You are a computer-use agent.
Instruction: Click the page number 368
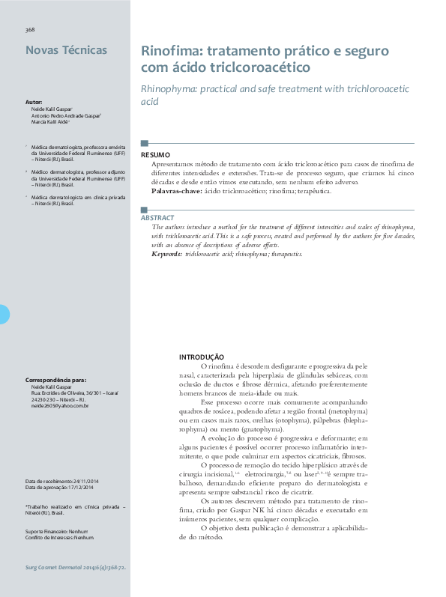click(30, 30)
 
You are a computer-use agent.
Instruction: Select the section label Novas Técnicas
click(66, 51)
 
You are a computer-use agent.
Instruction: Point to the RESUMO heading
click(156, 155)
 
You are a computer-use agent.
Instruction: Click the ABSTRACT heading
click(157, 217)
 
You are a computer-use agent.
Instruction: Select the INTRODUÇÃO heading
click(202, 357)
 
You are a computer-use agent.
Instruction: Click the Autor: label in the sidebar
click(34, 101)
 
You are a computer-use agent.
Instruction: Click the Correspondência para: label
click(55, 381)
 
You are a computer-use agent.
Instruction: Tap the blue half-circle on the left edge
click(4, 315)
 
